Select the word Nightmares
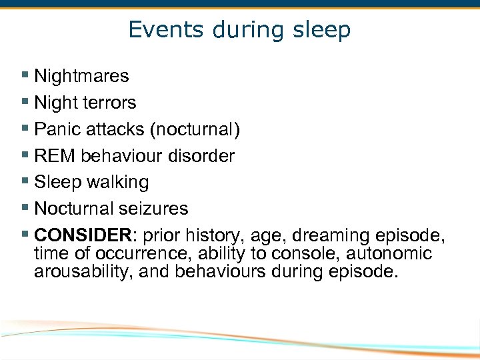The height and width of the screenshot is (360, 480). coord(81,76)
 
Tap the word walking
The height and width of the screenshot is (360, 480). coord(118,182)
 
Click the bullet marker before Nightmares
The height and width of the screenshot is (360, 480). coord(25,76)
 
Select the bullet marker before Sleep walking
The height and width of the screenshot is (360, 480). coord(25,182)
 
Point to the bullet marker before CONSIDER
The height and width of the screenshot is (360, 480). coord(25,235)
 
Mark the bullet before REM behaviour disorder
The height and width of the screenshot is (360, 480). coord(25,156)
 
